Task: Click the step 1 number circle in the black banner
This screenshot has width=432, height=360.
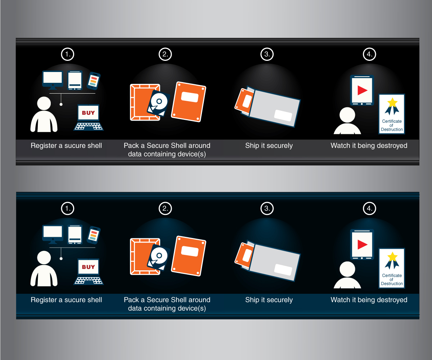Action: pos(67,54)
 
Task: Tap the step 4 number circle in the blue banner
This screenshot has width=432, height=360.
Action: pos(369,208)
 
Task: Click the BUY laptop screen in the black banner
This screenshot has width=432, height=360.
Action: pos(88,112)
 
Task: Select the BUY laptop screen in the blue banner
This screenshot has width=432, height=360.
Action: pos(88,266)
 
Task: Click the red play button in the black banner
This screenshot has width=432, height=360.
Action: pos(362,90)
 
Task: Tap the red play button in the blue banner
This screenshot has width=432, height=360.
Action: pos(362,244)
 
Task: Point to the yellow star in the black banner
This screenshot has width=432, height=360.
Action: pos(392,102)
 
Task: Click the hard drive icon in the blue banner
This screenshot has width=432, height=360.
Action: pos(158,257)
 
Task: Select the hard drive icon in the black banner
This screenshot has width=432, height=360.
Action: pos(158,103)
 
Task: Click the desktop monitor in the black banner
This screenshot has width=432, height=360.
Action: pos(53,80)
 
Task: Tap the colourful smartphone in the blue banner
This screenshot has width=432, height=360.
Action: pos(94,235)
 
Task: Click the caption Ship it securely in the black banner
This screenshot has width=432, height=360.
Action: pos(269,146)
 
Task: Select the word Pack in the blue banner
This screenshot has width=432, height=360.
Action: pos(131,300)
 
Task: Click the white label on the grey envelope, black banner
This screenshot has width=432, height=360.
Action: pos(283,116)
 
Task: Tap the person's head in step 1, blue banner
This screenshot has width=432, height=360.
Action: pos(44,258)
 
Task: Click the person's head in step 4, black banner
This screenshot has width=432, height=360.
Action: pos(347,115)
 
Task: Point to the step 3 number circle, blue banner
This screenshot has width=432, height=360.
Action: pos(267,208)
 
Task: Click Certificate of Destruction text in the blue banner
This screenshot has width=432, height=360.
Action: pos(392,279)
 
